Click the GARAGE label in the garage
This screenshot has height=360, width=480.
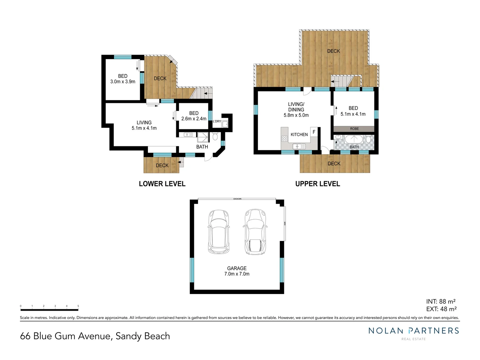tap(237, 268)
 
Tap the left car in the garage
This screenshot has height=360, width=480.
tap(218, 232)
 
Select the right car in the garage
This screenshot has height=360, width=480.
tap(255, 232)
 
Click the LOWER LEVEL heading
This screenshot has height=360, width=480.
tap(162, 184)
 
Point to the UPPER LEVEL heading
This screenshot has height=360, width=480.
tap(317, 184)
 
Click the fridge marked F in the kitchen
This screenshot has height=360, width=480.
tap(314, 132)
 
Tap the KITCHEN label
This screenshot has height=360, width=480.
tap(299, 135)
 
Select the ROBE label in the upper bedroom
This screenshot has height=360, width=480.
tap(354, 129)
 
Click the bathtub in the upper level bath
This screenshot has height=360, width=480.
tap(354, 139)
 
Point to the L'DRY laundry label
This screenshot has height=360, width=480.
tap(217, 121)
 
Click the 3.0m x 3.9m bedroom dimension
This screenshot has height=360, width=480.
tap(123, 82)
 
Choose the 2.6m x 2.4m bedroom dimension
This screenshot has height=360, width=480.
tap(194, 119)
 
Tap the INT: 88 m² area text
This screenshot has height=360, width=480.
tap(441, 302)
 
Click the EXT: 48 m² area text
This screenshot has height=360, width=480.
tap(441, 309)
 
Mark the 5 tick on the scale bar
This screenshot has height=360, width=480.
tap(78, 306)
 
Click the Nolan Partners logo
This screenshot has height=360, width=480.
tap(413, 331)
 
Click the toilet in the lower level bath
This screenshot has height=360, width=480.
tap(215, 136)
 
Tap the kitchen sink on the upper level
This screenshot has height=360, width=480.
tap(297, 146)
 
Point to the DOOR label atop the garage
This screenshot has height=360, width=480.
tap(237, 199)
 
